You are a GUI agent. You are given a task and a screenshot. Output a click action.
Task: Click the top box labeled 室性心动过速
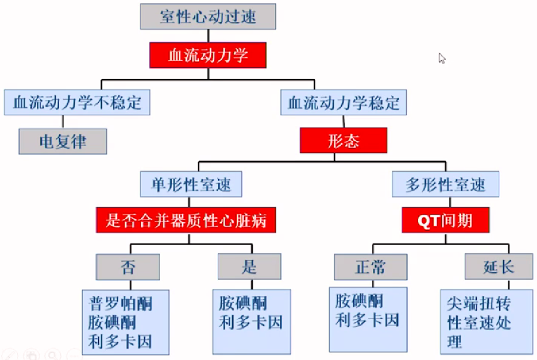pos(208,16)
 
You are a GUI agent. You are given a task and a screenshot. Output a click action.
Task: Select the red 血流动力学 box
pos(208,55)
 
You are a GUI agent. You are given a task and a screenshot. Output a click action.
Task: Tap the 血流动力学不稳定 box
pos(77,102)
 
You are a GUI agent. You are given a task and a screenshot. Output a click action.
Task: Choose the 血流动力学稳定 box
pos(344,102)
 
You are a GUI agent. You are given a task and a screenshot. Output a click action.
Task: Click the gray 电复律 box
pos(63,141)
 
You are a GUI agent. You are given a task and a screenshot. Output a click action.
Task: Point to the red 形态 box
pos(344,141)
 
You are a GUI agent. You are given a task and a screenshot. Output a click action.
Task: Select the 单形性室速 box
pos(191,185)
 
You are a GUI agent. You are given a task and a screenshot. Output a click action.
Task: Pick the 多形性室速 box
pos(446,185)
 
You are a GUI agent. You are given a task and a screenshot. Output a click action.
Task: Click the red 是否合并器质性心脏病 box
pos(186,220)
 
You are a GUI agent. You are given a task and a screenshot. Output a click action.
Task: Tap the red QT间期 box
pos(446,220)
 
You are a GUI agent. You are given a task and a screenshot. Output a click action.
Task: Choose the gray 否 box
pos(128,267)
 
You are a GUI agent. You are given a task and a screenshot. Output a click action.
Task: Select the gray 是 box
pos(249,267)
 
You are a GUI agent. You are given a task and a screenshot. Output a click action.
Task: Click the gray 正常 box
pos(370,267)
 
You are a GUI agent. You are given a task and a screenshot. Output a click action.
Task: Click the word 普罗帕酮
pos(121,303)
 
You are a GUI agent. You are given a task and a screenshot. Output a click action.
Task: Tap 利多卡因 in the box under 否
pos(121,341)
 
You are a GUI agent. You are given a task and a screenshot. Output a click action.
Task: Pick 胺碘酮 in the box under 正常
pos(359,301)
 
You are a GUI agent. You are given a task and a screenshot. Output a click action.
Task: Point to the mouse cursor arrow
pos(441,57)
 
